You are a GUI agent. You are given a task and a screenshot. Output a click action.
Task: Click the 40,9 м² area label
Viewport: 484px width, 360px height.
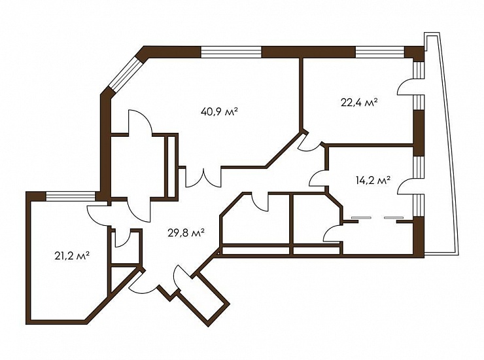pyautogui.click(x=219, y=111)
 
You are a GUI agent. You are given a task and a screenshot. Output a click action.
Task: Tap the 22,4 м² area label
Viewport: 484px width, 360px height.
pyautogui.click(x=359, y=102)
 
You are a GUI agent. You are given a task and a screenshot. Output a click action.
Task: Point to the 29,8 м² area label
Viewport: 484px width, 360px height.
pyautogui.click(x=186, y=232)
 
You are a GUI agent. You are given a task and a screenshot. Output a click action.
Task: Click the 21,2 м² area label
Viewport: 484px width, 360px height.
pyautogui.click(x=72, y=256)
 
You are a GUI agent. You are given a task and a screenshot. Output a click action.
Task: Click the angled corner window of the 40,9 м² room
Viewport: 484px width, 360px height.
pyautogui.click(x=125, y=74)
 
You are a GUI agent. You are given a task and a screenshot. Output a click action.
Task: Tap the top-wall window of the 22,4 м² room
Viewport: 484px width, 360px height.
pyautogui.click(x=379, y=52)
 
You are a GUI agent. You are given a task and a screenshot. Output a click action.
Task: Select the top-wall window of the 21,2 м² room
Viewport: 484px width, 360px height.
pyautogui.click(x=71, y=196)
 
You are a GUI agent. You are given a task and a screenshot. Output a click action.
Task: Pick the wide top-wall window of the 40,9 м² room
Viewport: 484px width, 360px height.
pyautogui.click(x=231, y=52)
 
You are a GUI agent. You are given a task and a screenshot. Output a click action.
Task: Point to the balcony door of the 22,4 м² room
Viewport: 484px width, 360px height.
pyautogui.click(x=406, y=87)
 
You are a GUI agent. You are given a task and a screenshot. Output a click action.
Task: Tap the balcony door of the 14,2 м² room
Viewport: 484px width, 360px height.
pyautogui.click(x=406, y=187)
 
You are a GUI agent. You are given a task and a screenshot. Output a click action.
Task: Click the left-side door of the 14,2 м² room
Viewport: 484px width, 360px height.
pyautogui.click(x=319, y=177)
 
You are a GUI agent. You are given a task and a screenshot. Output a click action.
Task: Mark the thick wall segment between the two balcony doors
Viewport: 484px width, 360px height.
pyautogui.click(x=419, y=133)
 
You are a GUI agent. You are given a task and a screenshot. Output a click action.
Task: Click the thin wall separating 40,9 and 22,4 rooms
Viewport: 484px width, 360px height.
pyautogui.click(x=302, y=94)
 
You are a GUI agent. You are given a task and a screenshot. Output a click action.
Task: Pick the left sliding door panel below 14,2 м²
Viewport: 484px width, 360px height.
pyautogui.click(x=360, y=217)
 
